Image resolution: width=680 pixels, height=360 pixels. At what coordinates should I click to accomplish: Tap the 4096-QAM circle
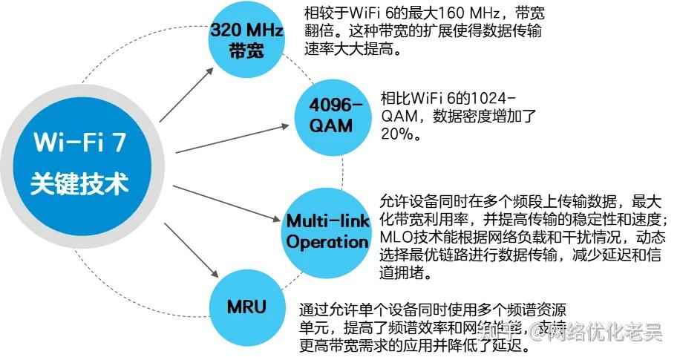tap(331, 114)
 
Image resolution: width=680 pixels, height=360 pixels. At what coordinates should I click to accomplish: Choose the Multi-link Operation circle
tap(327, 231)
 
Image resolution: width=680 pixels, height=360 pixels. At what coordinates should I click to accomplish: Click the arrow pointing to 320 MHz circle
tap(183, 95)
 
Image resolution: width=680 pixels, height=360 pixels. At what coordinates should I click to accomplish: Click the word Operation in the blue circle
tap(327, 242)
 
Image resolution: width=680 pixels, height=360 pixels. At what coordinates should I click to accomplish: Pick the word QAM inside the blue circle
tap(331, 125)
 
